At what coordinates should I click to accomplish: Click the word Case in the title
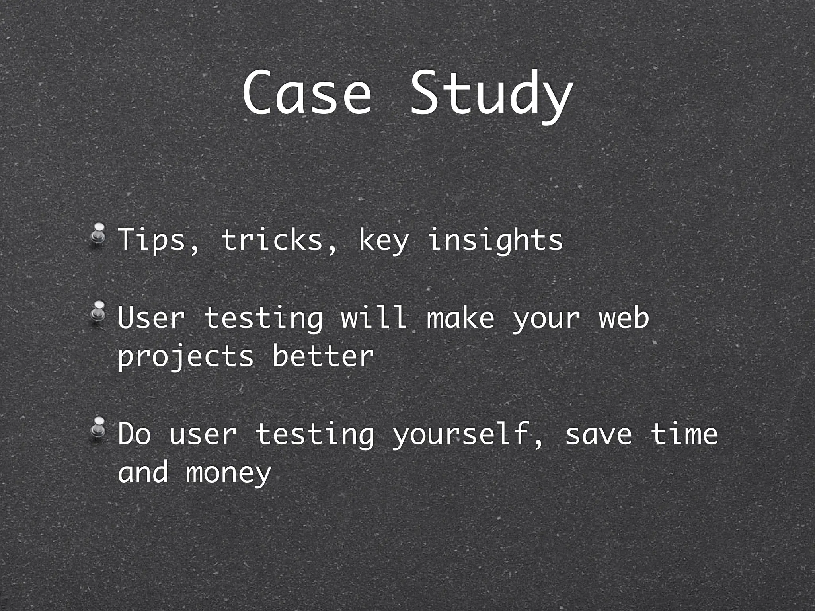coord(306,93)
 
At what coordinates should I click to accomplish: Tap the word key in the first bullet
coord(383,241)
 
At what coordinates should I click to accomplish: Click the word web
coord(624,318)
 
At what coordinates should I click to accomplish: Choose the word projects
coord(185,356)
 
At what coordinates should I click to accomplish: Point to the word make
coord(460,318)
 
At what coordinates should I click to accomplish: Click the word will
coord(374,318)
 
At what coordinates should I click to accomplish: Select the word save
coord(598,434)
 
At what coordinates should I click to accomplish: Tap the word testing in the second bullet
coord(263,319)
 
